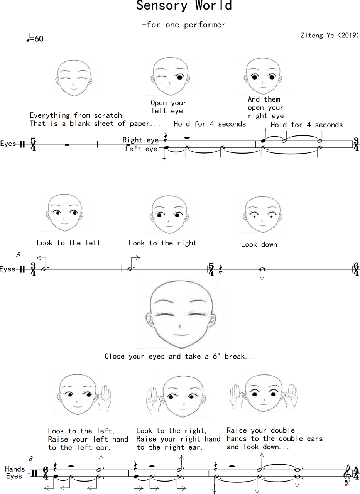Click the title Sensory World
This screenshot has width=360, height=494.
tap(184, 5)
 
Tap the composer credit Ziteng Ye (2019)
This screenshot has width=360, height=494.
tap(330, 35)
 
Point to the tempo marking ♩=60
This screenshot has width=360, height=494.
tap(35, 38)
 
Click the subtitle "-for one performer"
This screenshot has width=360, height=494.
tap(184, 25)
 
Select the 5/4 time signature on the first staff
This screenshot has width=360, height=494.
tap(33, 144)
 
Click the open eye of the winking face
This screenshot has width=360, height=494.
tap(180, 77)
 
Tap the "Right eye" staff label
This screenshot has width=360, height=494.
tap(140, 140)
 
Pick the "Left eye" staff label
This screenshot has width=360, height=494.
tap(141, 149)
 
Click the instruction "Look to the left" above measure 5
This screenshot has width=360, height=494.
tap(69, 243)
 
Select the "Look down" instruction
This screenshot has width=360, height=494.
tap(259, 244)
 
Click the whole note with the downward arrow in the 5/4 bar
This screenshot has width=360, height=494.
tap(262, 269)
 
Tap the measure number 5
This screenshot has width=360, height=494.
tap(18, 255)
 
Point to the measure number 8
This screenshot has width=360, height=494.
tap(30, 459)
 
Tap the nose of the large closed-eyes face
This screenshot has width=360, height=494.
tap(180, 327)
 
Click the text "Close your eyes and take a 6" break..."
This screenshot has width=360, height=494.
tap(180, 356)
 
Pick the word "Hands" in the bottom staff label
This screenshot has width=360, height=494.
tap(15, 469)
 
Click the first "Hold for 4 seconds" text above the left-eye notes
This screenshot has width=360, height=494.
tap(210, 124)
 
